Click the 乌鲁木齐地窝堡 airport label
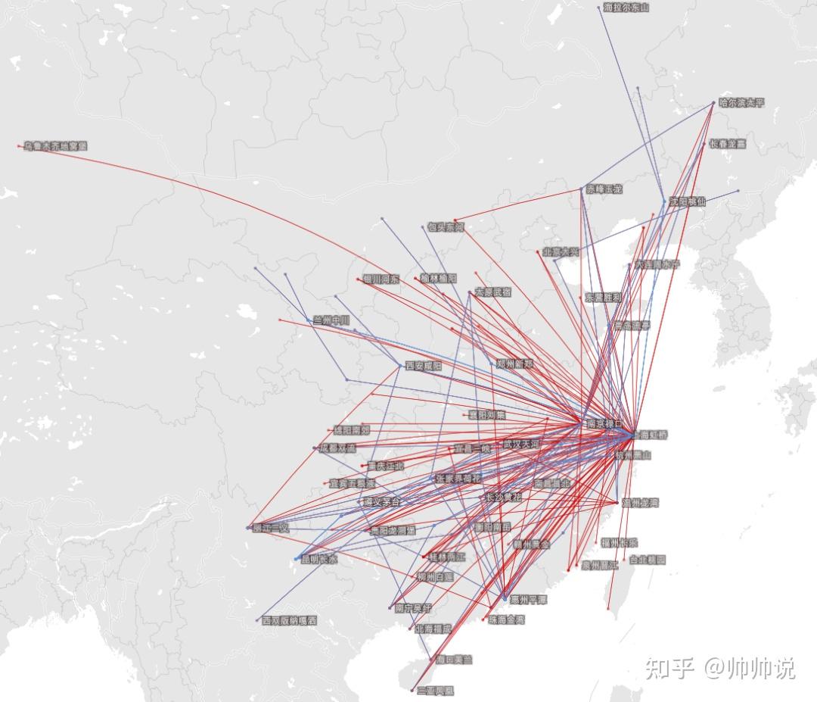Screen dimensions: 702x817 pos(56,145)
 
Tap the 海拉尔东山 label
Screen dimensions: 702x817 pos(626,8)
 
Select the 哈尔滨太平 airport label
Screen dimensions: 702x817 pos(741,103)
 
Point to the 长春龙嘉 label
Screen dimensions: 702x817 pos(728,143)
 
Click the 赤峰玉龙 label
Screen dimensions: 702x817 pos(604,189)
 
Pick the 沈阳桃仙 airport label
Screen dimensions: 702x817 pos(687,201)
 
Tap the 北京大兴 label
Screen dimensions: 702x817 pos(561,251)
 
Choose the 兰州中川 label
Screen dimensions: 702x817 pos(331,320)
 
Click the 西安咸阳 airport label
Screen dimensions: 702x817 pos(424,365)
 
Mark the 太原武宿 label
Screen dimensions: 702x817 pos(492,292)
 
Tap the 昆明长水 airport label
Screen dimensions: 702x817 pos(319,560)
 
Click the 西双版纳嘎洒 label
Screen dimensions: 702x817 pos(290,620)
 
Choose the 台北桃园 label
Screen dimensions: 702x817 pos(648,560)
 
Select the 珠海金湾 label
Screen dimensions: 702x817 pos(505,619)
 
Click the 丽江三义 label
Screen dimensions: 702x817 pos(271,527)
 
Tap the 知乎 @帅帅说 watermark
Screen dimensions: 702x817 pos(719,669)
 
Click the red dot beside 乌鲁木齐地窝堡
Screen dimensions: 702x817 pos(20,145)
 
